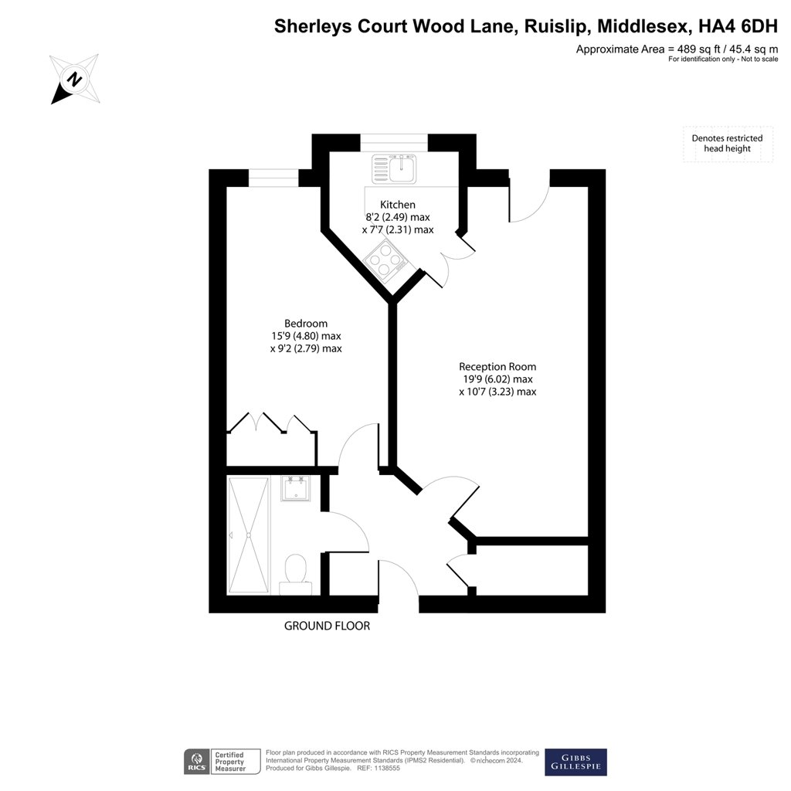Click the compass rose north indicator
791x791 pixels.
pyautogui.click(x=75, y=80)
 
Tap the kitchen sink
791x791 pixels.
pyautogui.click(x=395, y=168)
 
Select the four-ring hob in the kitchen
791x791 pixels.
pyautogui.click(x=389, y=260)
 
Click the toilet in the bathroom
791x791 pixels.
pyautogui.click(x=296, y=575)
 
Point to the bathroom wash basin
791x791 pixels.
pyautogui.click(x=296, y=488)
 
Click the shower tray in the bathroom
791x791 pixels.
pyautogui.click(x=249, y=535)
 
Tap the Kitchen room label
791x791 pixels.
pyautogui.click(x=398, y=204)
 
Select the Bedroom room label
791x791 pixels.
pyautogui.click(x=306, y=324)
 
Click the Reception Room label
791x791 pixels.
pyautogui.click(x=497, y=367)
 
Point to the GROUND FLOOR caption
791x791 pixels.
pyautogui.click(x=327, y=626)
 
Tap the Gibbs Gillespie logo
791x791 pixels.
pyautogui.click(x=575, y=762)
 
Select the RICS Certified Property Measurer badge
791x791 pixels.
pyautogui.click(x=222, y=762)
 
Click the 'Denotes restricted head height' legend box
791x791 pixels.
pyautogui.click(x=728, y=144)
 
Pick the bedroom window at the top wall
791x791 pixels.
pyautogui.click(x=273, y=178)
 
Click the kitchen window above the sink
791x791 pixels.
pyautogui.click(x=394, y=142)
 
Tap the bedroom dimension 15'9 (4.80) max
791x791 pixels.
pyautogui.click(x=306, y=336)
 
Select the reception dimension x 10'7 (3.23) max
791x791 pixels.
pyautogui.click(x=497, y=392)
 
